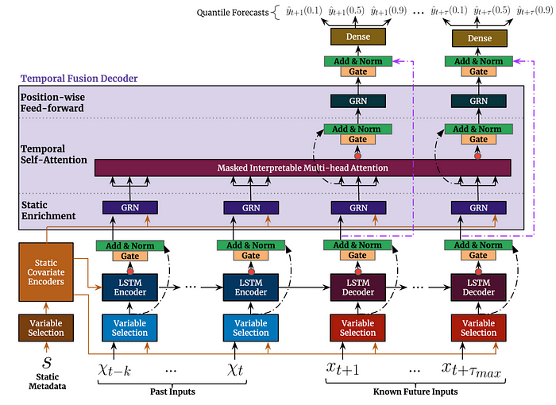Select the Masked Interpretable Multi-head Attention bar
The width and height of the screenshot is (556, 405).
(302, 168)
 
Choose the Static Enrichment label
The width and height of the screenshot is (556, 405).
(49, 210)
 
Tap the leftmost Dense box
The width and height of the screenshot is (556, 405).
(357, 38)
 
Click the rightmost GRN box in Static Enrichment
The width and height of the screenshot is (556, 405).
(478, 207)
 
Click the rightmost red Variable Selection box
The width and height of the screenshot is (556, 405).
(478, 327)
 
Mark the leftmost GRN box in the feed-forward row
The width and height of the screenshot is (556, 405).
(357, 102)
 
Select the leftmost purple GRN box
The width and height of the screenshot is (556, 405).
(129, 207)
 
